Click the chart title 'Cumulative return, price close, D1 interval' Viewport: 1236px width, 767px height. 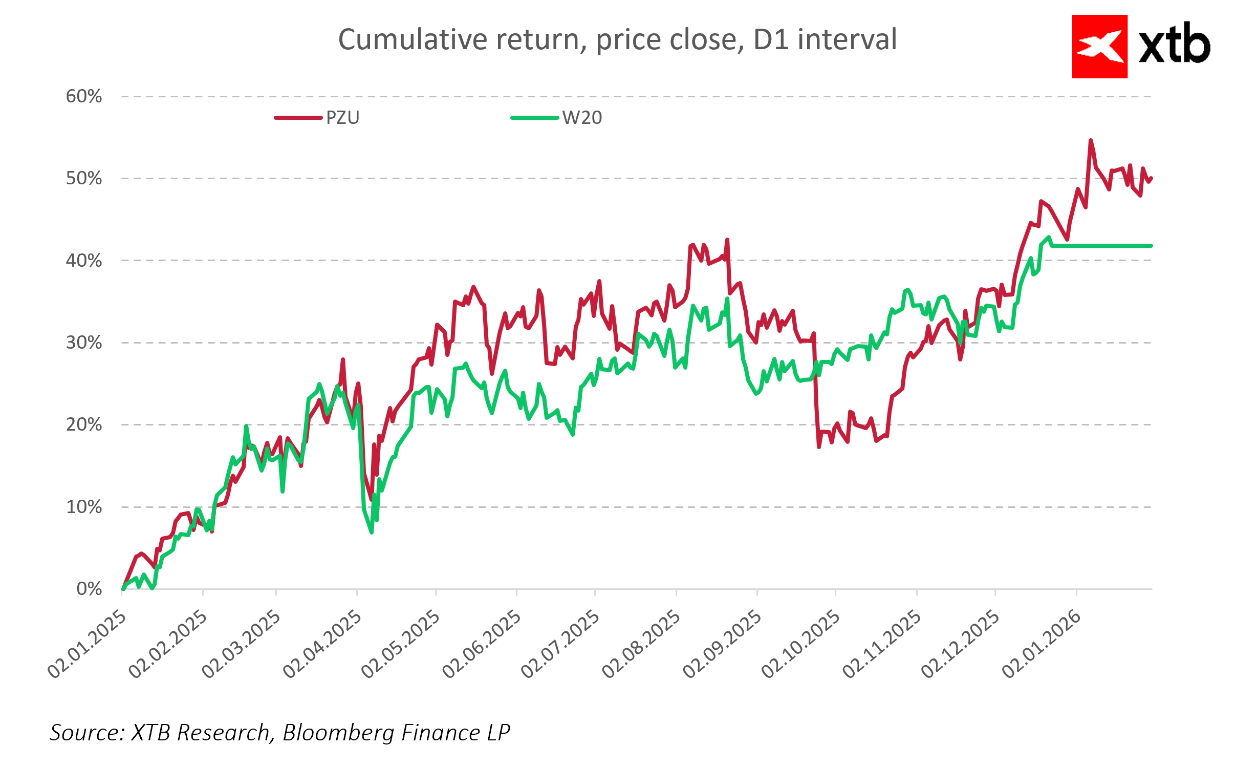point(617,39)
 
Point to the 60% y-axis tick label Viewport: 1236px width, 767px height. point(84,96)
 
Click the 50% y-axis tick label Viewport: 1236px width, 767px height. point(84,179)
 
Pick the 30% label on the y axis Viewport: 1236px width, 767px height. point(84,343)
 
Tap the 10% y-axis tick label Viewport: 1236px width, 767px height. point(84,507)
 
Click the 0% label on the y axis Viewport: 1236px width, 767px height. point(89,589)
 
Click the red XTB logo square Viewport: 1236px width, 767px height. point(1099,47)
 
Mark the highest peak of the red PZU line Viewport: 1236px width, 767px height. point(1091,140)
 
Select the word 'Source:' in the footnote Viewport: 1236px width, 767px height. point(87,733)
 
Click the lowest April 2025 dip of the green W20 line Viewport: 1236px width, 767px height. point(372,532)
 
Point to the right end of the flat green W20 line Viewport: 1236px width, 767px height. point(1151,246)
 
